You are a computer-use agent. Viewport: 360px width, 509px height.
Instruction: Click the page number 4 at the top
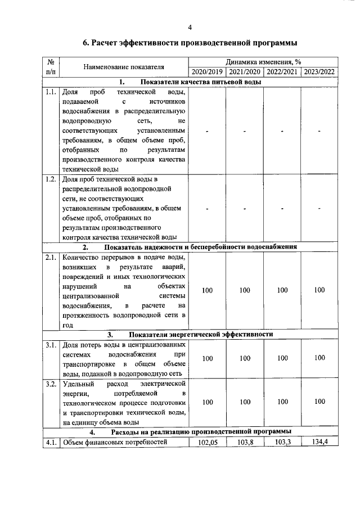[x=190, y=27]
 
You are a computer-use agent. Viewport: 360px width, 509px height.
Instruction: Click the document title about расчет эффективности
[x=190, y=43]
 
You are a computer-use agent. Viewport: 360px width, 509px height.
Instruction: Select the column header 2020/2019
[x=208, y=72]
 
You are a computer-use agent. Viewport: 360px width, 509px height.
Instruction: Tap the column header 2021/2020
[x=245, y=72]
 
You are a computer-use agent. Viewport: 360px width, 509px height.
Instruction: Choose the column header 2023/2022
[x=319, y=72]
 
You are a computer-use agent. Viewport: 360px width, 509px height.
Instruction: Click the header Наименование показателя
[x=124, y=67]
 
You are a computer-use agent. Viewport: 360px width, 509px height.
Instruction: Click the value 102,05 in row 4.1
[x=208, y=442]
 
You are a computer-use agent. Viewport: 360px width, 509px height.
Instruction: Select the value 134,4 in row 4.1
[x=319, y=442]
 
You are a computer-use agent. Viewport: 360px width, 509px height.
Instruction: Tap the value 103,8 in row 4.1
[x=245, y=442]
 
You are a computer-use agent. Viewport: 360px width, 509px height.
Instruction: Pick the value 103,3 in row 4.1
[x=282, y=442]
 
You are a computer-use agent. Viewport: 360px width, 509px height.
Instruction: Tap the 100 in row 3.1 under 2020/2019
[x=208, y=358]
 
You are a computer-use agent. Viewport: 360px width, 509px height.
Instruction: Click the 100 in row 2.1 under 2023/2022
[x=319, y=290]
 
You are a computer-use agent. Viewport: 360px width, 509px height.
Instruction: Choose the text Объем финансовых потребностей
[x=115, y=442]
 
